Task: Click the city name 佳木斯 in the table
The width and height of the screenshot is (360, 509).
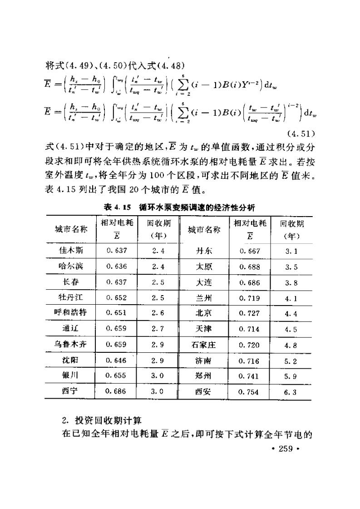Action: [71, 251]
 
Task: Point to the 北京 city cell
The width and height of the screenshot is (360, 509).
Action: [203, 313]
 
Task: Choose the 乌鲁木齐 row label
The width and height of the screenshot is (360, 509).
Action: [70, 344]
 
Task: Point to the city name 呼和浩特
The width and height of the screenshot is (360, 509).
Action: [70, 313]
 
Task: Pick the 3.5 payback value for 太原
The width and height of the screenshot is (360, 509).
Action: [291, 267]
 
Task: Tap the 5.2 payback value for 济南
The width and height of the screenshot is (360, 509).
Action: [291, 361]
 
